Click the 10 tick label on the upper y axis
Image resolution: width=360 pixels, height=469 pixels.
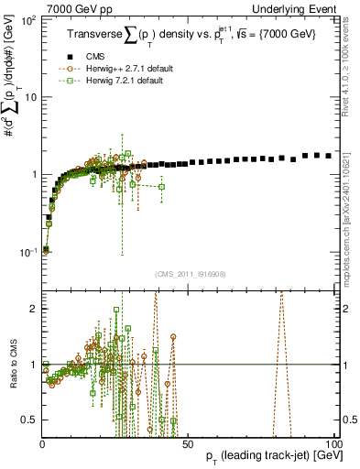point(31,97)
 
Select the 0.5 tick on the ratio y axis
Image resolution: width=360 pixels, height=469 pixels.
point(30,420)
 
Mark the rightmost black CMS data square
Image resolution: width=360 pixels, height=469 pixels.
point(329,157)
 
